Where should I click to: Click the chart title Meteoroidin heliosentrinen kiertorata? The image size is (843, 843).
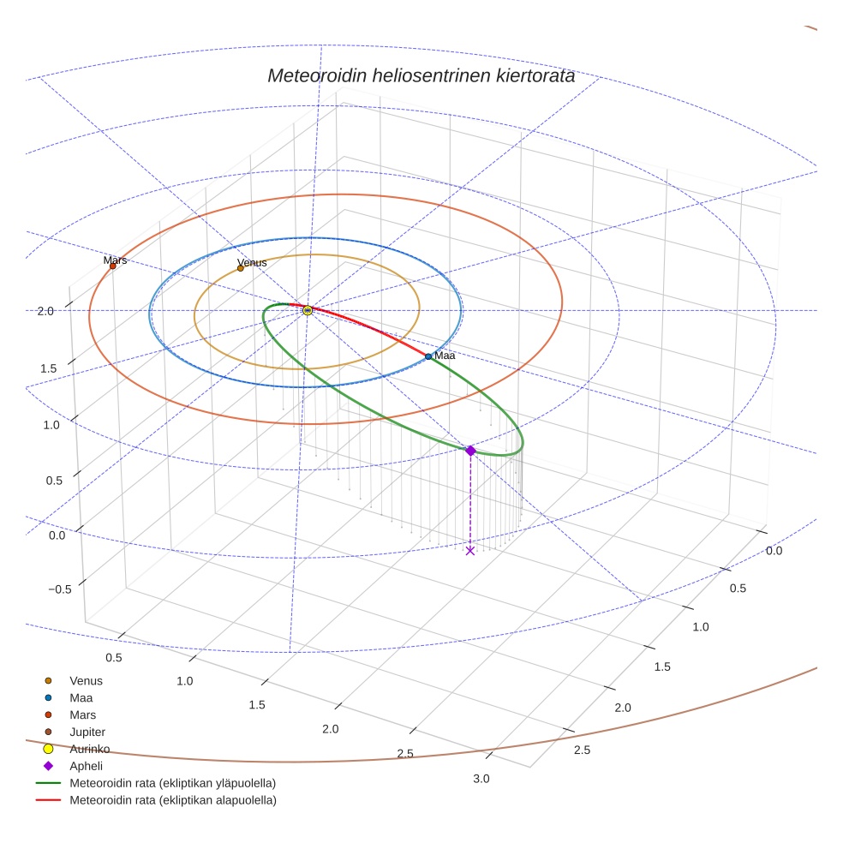pyautogui.click(x=421, y=75)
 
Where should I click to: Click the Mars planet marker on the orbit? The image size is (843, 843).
pyautogui.click(x=112, y=266)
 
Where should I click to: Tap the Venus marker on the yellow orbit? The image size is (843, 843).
pyautogui.click(x=240, y=268)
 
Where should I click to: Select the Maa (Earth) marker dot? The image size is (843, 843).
pyautogui.click(x=428, y=356)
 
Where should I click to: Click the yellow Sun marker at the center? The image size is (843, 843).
pyautogui.click(x=308, y=310)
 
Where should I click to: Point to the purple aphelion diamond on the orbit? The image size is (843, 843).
pyautogui.click(x=469, y=451)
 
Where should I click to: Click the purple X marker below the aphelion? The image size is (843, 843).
pyautogui.click(x=469, y=551)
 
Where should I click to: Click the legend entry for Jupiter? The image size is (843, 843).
pyautogui.click(x=87, y=732)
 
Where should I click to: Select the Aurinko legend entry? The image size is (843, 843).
pyautogui.click(x=89, y=749)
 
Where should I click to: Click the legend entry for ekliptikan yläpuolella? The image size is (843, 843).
pyautogui.click(x=172, y=783)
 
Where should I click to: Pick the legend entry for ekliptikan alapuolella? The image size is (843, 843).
pyautogui.click(x=172, y=800)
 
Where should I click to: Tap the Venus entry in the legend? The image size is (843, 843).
pyautogui.click(x=86, y=680)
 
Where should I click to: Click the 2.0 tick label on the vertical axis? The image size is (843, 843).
pyautogui.click(x=46, y=311)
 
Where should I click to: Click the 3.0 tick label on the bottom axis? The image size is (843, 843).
pyautogui.click(x=481, y=779)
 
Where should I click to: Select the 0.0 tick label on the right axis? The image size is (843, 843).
pyautogui.click(x=774, y=551)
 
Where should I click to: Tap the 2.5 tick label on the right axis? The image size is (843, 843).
pyautogui.click(x=582, y=750)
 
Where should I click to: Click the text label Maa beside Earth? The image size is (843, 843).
pyautogui.click(x=445, y=356)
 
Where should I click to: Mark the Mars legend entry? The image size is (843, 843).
pyautogui.click(x=82, y=714)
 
